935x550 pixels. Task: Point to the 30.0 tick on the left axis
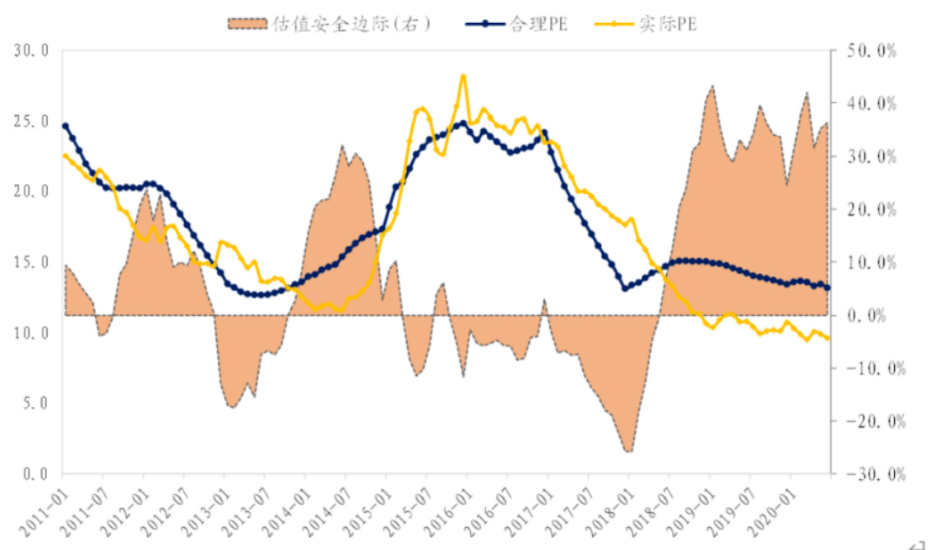(32, 51)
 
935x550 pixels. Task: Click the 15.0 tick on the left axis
(32, 262)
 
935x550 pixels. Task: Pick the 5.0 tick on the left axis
(35, 404)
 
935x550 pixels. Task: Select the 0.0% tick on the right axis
(877, 316)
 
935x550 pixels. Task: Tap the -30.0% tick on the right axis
(872, 474)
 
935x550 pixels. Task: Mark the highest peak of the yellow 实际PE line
(464, 76)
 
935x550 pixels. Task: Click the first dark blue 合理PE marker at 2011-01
(66, 126)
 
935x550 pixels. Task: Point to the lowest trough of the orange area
(628, 451)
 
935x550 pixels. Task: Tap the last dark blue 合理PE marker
(827, 288)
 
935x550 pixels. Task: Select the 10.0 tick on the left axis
(32, 333)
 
